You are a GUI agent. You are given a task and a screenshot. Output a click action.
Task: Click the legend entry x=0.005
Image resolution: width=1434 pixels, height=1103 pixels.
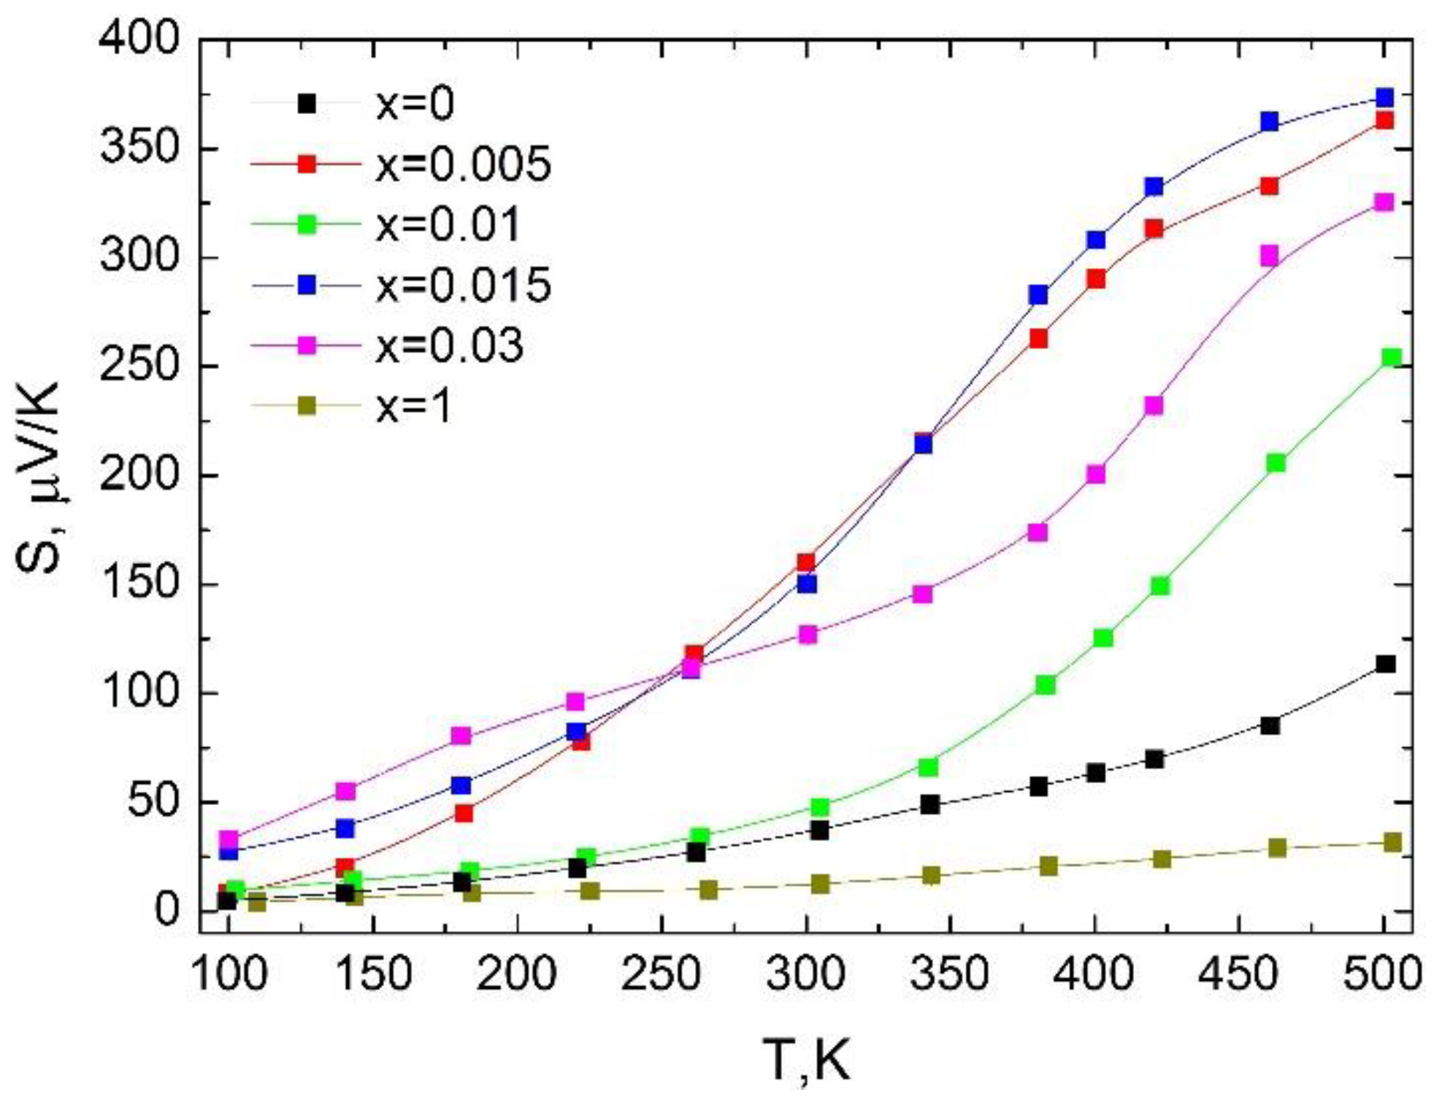coord(463,164)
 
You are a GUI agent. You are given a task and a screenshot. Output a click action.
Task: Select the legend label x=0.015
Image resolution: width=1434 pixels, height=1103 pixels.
coord(463,285)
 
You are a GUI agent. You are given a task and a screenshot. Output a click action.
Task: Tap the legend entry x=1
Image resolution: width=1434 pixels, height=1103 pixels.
coord(415,405)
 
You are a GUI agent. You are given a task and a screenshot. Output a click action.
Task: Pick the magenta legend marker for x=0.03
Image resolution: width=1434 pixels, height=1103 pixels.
coord(307,345)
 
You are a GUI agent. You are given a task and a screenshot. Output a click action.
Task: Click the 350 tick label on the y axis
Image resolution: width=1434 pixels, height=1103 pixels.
coord(139,148)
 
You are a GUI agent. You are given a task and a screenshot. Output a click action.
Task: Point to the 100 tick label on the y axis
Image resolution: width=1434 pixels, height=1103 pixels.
coord(139,692)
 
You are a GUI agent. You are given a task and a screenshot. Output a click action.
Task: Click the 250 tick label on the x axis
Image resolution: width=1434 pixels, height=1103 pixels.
coord(662,973)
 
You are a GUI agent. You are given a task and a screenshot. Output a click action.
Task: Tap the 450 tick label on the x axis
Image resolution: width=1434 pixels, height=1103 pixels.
coord(1239,973)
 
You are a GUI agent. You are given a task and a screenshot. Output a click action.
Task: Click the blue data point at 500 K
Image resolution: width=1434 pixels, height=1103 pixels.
coord(1384,98)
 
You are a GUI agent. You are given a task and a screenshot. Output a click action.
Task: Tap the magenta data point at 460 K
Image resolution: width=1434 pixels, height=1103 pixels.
coord(1270,256)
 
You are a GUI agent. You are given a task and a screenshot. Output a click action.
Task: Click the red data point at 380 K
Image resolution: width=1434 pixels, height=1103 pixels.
coord(1038,338)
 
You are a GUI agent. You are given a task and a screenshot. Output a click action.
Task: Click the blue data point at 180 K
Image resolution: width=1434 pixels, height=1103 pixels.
coord(461,785)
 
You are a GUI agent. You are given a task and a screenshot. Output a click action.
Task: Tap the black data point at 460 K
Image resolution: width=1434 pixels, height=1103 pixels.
coord(1270,725)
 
